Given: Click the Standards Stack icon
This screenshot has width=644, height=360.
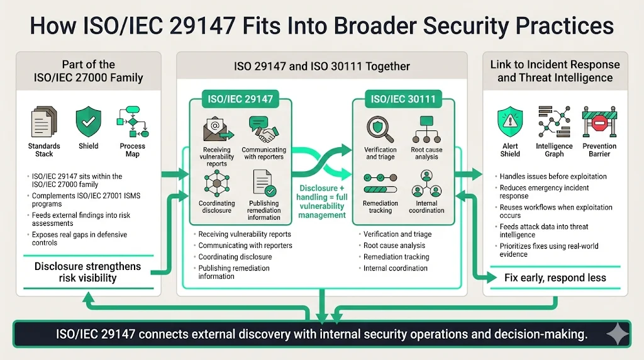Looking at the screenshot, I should click(43, 122).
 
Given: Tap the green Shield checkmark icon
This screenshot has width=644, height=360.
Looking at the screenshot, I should click(88, 122).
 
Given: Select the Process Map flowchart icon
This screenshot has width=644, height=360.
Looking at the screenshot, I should click(132, 122).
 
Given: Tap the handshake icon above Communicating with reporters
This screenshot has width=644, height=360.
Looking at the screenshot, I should click(264, 128).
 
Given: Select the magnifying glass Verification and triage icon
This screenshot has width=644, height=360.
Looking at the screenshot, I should click(380, 128).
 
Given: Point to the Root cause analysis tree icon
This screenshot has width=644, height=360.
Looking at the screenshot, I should click(426, 129).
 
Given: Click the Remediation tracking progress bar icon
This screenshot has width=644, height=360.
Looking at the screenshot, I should click(380, 187).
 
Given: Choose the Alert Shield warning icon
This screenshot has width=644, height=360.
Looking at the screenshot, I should click(510, 122).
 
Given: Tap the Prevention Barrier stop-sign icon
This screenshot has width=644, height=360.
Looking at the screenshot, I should click(599, 122).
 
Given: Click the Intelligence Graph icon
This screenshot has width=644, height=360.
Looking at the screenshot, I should click(554, 122).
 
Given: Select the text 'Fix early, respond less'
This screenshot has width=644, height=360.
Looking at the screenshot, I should click(555, 278).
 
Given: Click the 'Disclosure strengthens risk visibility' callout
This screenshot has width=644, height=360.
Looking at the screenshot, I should click(87, 273).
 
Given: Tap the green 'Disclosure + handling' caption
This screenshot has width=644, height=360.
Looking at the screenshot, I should click(322, 201).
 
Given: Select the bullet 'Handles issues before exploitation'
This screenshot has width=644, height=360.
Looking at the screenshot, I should click(553, 176).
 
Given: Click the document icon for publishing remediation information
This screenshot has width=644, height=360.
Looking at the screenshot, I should click(264, 184).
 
